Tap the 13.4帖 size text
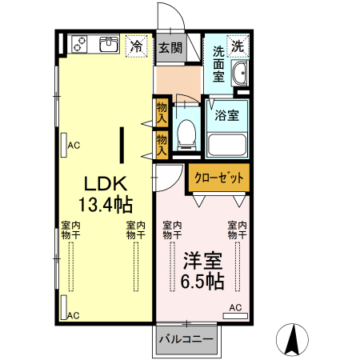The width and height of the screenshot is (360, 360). [x=106, y=203]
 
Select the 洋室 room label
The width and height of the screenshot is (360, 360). [x=202, y=261]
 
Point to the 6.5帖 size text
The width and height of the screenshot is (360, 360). [x=202, y=282]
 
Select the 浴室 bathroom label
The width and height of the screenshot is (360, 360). [x=226, y=114]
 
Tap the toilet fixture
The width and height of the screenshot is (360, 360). [x=186, y=133]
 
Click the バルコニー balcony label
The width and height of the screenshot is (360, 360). [x=186, y=339]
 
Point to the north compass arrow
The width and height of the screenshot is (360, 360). [x=293, y=339]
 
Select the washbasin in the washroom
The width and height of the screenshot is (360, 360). [x=238, y=76]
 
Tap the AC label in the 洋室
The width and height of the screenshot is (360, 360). [x=236, y=307]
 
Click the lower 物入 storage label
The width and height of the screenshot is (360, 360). [x=161, y=142]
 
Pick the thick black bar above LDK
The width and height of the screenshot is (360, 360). [x=122, y=144]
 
